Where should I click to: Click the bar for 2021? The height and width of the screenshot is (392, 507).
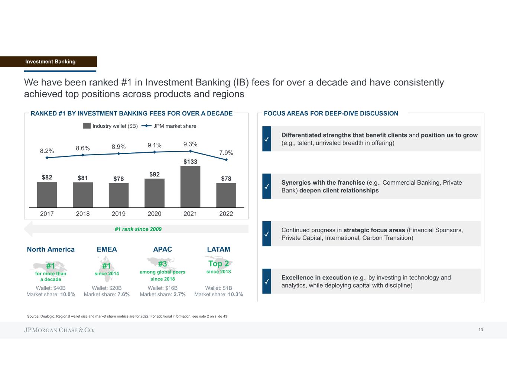tap(190, 187)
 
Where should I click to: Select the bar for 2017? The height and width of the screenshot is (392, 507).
tap(47, 194)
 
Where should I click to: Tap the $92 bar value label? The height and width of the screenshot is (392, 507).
tap(155, 174)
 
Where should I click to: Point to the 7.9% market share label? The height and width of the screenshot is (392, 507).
tap(226, 153)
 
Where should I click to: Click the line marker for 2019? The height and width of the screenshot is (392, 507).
tap(118, 153)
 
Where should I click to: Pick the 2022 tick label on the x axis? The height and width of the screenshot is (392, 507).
tap(226, 214)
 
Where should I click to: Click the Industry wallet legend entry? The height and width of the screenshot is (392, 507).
tap(111, 126)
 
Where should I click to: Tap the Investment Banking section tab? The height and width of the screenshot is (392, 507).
tap(50, 62)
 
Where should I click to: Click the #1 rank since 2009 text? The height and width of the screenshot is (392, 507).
tap(138, 229)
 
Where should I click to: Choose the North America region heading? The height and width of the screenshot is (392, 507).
tap(51, 249)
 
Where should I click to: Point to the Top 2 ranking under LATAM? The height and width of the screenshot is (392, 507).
tap(218, 263)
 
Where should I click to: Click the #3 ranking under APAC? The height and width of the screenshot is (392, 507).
tap(162, 264)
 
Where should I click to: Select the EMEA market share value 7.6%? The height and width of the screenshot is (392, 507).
tap(123, 295)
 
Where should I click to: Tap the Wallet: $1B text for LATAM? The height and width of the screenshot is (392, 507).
tap(218, 288)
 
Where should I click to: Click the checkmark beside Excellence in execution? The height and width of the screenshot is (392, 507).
tap(266, 282)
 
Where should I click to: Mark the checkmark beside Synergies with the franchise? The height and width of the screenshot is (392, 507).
tap(266, 187)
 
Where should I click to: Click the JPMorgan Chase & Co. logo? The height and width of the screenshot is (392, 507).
tap(59, 330)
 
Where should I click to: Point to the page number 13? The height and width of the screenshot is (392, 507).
tap(481, 330)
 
